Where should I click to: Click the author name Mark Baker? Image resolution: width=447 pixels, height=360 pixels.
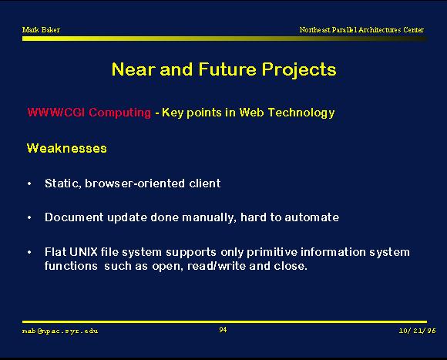click(x=41, y=29)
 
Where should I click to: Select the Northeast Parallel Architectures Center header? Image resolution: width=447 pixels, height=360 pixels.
click(x=361, y=29)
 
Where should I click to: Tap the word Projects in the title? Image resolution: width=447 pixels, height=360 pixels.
click(x=299, y=70)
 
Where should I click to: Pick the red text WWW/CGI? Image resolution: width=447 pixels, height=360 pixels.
click(x=56, y=113)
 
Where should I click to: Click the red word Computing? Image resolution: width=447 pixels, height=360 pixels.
click(x=119, y=113)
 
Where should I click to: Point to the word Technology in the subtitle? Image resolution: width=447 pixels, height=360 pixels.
click(x=301, y=113)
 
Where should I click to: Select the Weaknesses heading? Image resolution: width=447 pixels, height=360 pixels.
click(x=67, y=148)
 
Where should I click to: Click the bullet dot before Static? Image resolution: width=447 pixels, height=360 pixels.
click(x=29, y=183)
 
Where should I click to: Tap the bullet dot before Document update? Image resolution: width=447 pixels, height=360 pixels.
click(x=29, y=218)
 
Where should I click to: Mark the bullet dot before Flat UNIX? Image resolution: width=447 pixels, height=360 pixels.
click(x=29, y=253)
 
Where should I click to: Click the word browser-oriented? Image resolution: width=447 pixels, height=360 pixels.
click(x=135, y=183)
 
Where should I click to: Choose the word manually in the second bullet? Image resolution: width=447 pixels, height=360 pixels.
click(x=210, y=217)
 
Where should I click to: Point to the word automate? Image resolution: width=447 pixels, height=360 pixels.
click(x=312, y=217)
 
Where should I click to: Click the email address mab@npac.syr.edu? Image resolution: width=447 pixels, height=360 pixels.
click(x=60, y=331)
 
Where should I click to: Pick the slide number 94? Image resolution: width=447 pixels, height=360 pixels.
click(x=223, y=330)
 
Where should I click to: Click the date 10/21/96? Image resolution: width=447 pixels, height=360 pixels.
click(x=418, y=331)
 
